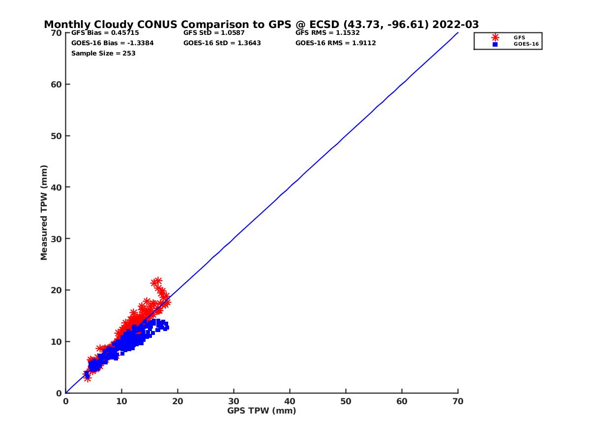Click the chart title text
[x=261, y=25]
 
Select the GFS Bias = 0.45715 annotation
[x=105, y=33]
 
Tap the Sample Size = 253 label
[x=103, y=53]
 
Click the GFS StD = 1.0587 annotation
[x=214, y=33]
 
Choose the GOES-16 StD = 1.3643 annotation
[x=222, y=43]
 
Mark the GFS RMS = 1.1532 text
[x=327, y=33]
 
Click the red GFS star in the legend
[x=495, y=37]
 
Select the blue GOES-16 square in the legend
[x=495, y=44]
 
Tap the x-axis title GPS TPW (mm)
[x=262, y=411]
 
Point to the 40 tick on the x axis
[x=290, y=401]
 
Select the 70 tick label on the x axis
[x=458, y=401]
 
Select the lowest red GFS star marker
[x=88, y=378]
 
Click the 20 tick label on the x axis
[x=177, y=401]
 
